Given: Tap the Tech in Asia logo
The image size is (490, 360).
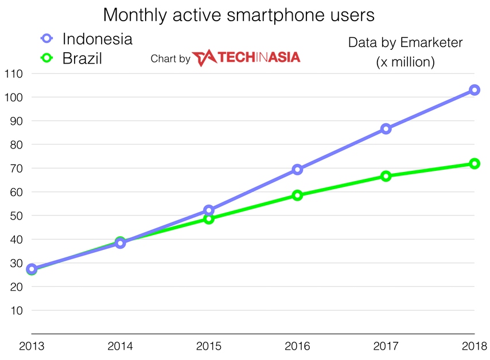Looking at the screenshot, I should click(x=246, y=58).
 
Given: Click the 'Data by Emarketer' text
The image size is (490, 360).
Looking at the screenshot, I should click(x=405, y=42).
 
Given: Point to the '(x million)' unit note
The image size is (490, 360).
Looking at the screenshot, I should click(x=405, y=62).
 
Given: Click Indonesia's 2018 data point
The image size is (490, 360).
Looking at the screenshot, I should click(x=475, y=90).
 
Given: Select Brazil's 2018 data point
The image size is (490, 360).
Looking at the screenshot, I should click(x=475, y=164).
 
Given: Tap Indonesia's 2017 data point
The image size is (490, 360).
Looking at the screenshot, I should click(x=386, y=129).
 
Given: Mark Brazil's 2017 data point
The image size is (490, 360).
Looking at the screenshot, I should click(x=386, y=176).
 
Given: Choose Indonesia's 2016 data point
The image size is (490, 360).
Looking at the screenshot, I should click(x=297, y=169).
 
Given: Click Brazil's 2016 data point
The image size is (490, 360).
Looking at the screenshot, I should click(x=297, y=195).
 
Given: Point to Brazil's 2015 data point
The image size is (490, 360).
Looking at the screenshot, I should click(x=209, y=218).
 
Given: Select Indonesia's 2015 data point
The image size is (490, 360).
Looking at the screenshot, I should click(x=209, y=210).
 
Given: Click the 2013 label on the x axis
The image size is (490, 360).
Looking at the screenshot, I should click(x=31, y=346).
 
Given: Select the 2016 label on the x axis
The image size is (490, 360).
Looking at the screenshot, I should click(x=297, y=346).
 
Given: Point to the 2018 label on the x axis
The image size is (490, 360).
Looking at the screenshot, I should click(x=474, y=346).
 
